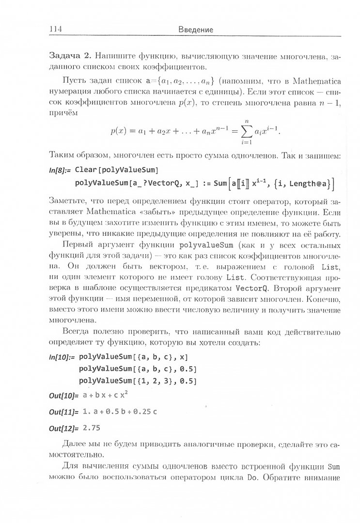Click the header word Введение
click(193, 30)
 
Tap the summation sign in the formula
click(250, 131)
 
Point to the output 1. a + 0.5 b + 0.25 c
click(120, 412)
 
